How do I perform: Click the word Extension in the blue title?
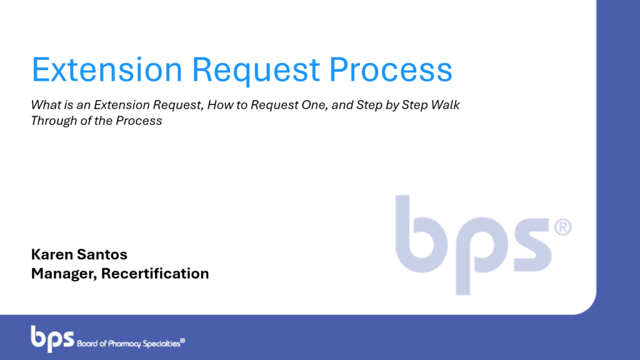click(x=107, y=69)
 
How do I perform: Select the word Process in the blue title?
click(x=391, y=69)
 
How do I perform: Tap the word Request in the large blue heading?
click(x=256, y=71)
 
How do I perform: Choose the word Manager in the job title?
click(x=64, y=274)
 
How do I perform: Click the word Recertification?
click(x=155, y=274)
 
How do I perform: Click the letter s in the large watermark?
click(x=532, y=244)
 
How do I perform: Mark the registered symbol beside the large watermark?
click(x=563, y=227)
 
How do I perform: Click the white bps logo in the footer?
click(x=52, y=338)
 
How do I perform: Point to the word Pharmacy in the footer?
click(x=124, y=344)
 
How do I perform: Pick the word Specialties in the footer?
click(x=162, y=344)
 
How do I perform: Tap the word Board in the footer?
click(x=87, y=344)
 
